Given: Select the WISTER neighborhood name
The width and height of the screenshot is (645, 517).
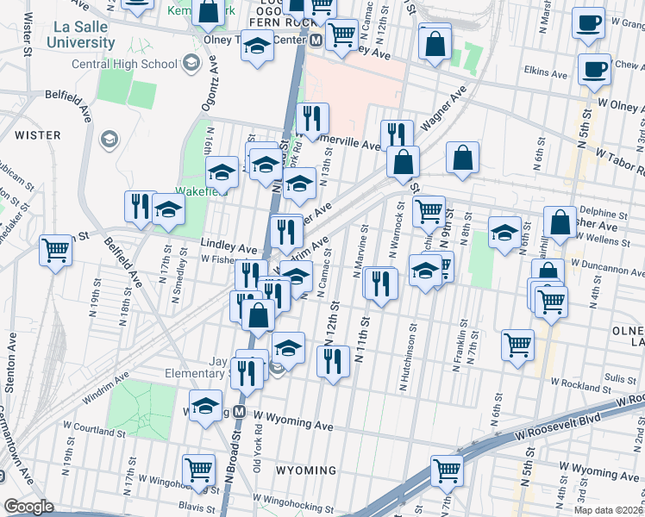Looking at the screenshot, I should click(x=37, y=135).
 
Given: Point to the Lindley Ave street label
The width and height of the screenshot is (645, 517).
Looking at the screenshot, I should click(x=229, y=244).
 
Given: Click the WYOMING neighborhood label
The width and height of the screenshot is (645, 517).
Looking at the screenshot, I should click(x=306, y=470).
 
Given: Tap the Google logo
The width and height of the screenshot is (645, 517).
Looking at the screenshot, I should click(x=28, y=507).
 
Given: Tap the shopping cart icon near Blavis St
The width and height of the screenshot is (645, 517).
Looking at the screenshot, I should click(x=198, y=470).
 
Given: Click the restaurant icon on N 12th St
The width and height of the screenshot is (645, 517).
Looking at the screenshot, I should click(x=333, y=360).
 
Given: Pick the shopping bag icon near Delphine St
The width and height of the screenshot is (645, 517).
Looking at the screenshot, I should click(x=560, y=222).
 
